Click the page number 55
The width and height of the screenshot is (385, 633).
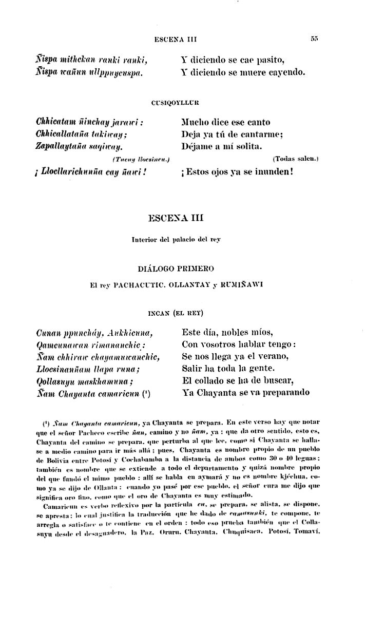pos(315,39)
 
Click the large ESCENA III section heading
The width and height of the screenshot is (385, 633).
pos(175,218)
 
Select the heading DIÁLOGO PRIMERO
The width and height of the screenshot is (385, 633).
pos(176,268)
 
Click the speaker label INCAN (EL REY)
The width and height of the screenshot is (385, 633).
pos(176,312)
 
